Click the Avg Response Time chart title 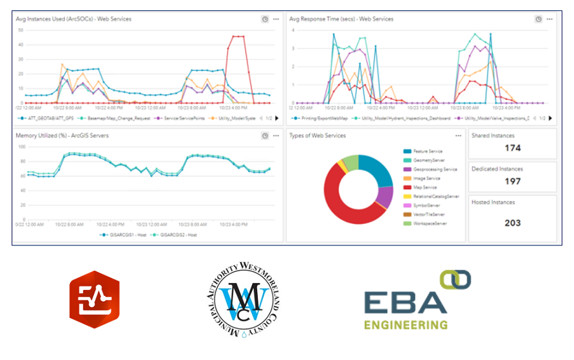click(x=341, y=19)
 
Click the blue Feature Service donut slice click(x=374, y=170)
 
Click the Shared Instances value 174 click(x=512, y=148)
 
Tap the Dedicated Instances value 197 click(x=512, y=181)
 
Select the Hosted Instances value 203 click(x=512, y=223)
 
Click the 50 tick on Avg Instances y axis click(x=21, y=30)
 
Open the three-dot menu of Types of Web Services click(x=459, y=136)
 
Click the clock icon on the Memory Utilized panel click(x=265, y=136)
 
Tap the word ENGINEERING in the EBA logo click(x=406, y=324)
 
